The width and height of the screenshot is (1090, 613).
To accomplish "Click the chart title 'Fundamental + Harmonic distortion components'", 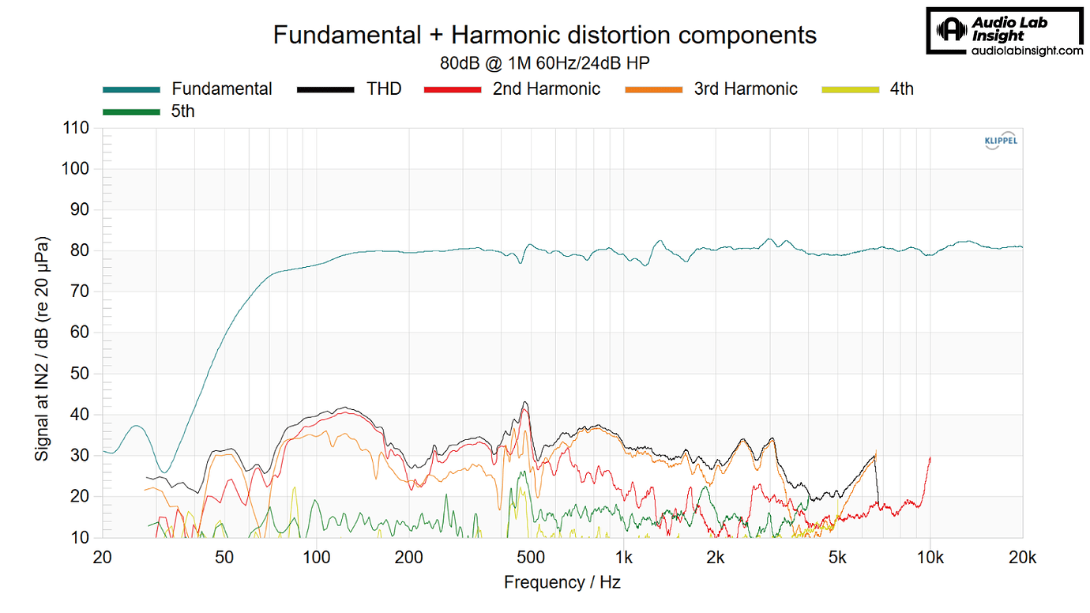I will [544, 35].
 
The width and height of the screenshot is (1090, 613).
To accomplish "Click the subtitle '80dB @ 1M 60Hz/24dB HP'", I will [544, 62].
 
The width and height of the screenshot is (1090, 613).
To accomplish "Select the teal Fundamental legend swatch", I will [131, 89].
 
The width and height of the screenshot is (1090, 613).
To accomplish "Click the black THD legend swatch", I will [325, 89].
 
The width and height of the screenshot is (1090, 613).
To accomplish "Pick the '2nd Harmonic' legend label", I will [546, 89].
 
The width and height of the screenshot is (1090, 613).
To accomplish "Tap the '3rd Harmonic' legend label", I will [746, 89].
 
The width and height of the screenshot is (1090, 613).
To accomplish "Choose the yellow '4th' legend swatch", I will [851, 89].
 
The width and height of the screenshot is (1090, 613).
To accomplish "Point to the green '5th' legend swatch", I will [131, 111].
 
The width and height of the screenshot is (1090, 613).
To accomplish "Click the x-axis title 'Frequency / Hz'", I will [562, 583].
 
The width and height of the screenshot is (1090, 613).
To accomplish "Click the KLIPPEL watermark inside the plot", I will [1000, 141].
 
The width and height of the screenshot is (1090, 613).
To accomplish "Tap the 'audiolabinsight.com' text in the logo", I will [1026, 51].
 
